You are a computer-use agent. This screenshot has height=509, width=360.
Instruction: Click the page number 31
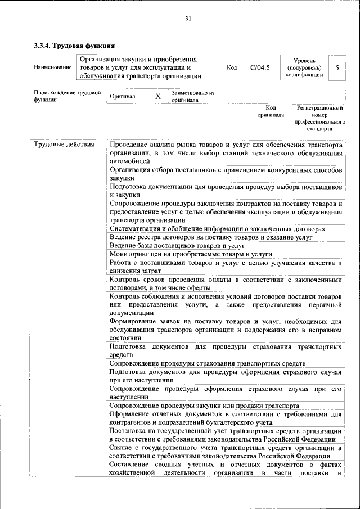(188, 19)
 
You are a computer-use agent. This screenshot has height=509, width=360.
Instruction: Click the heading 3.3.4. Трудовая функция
(75, 44)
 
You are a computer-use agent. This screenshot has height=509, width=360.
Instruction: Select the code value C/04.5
(260, 67)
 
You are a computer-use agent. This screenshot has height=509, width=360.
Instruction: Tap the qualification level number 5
(337, 67)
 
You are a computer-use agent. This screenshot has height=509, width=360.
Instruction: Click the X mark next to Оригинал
(158, 97)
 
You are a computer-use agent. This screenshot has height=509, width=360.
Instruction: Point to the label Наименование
(53, 67)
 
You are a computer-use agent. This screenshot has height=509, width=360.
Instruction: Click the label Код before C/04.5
(232, 67)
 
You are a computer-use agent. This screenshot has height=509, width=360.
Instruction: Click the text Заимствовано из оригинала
(193, 97)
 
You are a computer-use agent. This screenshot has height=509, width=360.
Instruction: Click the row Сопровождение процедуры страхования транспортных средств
(207, 364)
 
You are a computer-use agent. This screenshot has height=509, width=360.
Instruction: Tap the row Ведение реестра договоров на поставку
(210, 238)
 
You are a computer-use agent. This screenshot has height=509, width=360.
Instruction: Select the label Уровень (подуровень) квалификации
(304, 67)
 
